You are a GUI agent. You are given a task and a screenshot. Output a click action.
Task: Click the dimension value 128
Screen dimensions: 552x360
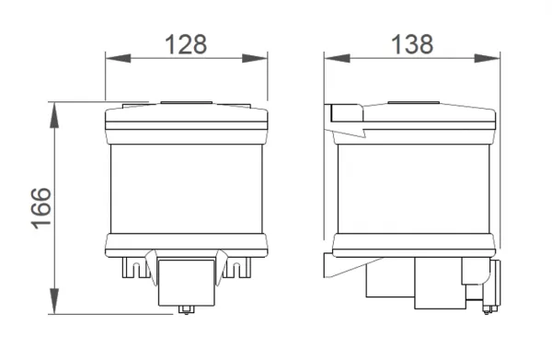pyautogui.click(x=186, y=44)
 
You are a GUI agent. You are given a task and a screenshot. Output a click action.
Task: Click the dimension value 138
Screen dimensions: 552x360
pyautogui.click(x=412, y=44)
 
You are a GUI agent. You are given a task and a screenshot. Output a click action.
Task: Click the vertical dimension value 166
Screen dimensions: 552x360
pyautogui.click(x=41, y=208)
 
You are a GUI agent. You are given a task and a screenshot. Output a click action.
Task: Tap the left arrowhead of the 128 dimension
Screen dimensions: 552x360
pyautogui.click(x=118, y=59)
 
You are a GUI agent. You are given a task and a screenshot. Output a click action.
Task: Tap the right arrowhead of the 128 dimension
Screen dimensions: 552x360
pyautogui.click(x=255, y=59)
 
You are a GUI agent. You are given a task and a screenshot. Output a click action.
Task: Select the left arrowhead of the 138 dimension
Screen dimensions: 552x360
pyautogui.click(x=337, y=59)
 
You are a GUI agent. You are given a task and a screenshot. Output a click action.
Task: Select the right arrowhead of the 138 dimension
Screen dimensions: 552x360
pyautogui.click(x=488, y=59)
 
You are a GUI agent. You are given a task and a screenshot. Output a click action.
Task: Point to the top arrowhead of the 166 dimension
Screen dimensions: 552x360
pyautogui.click(x=54, y=115)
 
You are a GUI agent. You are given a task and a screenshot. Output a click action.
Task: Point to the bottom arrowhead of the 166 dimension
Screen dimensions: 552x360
pyautogui.click(x=54, y=301)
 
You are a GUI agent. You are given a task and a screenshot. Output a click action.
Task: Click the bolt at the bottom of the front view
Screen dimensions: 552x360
pyautogui.click(x=186, y=309)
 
